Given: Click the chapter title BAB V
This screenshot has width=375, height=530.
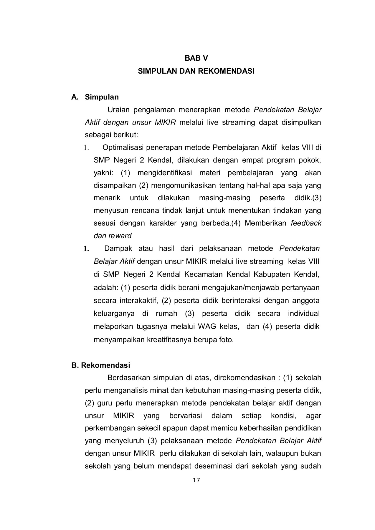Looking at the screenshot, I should [x=196, y=58].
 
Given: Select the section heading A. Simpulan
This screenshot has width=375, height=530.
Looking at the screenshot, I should [x=95, y=97].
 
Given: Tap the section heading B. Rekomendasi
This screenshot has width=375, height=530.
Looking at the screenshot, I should [x=100, y=365].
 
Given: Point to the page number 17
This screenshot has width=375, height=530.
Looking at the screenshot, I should [x=196, y=481].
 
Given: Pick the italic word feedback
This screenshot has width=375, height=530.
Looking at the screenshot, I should [x=306, y=223].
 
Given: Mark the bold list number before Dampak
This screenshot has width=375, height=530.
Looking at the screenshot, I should [x=86, y=249].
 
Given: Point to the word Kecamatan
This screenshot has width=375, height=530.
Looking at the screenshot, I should [x=204, y=274].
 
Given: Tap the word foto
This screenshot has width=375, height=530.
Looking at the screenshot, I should [x=226, y=339].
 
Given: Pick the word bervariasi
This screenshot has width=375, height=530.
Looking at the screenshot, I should [x=186, y=416].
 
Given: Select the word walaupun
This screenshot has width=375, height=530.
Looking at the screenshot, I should [x=283, y=453].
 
